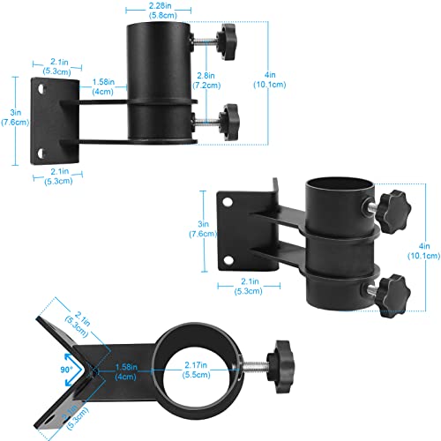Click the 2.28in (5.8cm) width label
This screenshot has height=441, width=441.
[161, 12]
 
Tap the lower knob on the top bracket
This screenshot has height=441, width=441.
[229, 115]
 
